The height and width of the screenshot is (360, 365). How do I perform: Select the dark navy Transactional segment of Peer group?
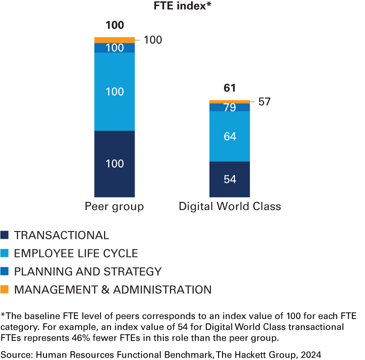coord(115,164)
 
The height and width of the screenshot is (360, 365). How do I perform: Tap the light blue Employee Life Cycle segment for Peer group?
coord(115,92)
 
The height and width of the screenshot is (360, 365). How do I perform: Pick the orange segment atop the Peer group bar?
coord(115,40)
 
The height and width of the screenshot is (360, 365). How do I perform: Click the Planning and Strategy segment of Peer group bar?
coord(115,47)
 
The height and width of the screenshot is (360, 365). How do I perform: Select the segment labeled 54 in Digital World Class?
coord(229,179)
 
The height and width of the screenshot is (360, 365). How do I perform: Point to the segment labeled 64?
coord(229,136)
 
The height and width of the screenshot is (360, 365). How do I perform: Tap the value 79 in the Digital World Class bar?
coord(229,108)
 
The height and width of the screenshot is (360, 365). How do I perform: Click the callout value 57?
coord(264,102)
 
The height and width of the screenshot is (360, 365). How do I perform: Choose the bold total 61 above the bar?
coord(229,88)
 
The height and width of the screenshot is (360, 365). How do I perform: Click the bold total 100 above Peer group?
coord(115,25)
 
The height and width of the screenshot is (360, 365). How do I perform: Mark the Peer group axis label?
coord(115,206)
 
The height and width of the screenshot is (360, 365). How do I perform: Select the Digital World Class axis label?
coord(229,206)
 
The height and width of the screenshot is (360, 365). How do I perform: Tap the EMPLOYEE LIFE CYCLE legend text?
coord(76,253)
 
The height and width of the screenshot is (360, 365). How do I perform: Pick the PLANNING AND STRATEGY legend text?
coord(88,272)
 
